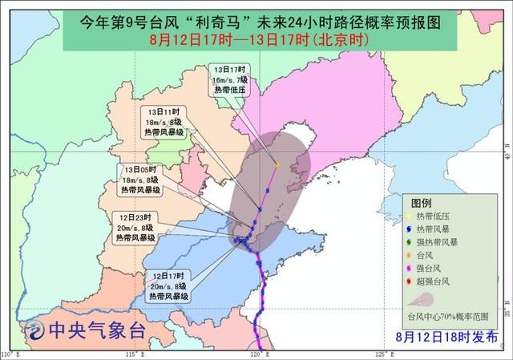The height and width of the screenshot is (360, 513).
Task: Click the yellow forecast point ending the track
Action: (277, 164)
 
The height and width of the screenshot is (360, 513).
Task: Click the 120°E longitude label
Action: (257, 354)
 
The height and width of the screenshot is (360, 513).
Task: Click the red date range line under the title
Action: (256, 38)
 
